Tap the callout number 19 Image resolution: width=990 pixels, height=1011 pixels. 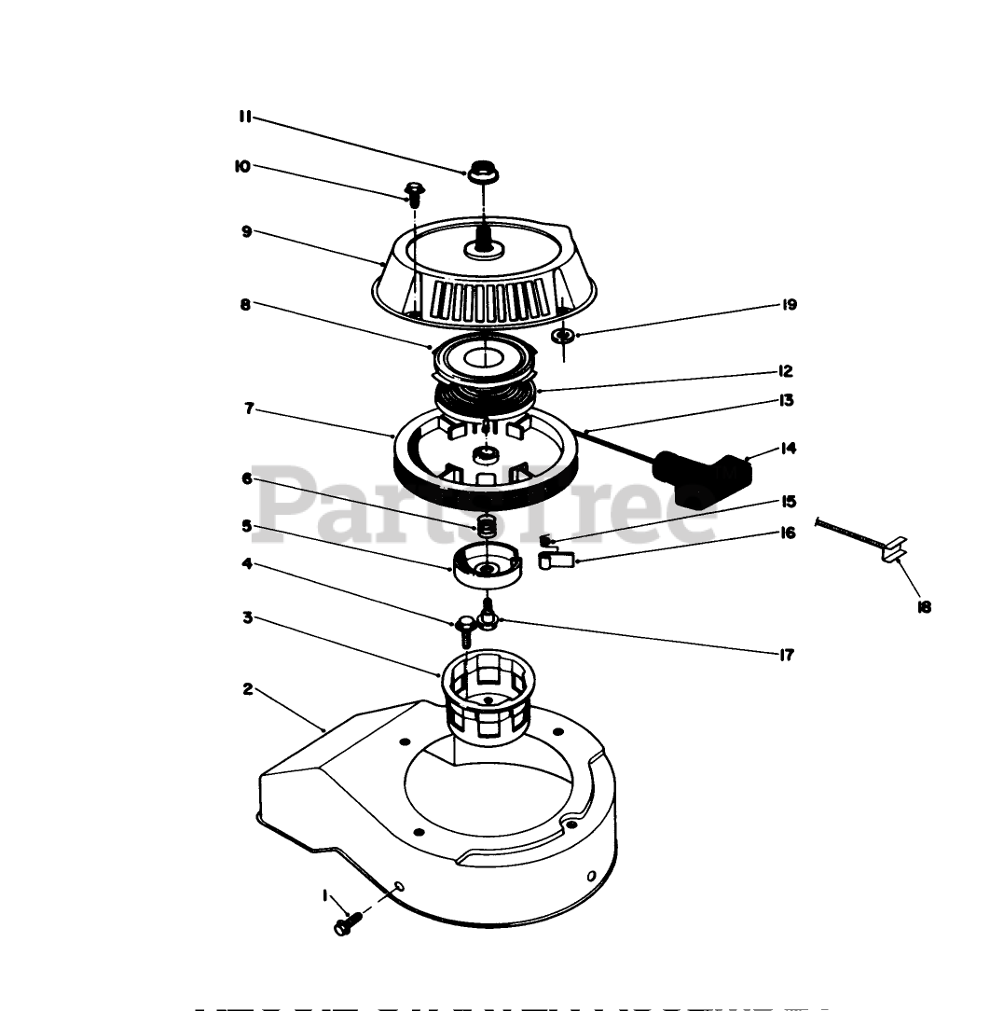790,305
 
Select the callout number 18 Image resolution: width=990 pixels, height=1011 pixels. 924,607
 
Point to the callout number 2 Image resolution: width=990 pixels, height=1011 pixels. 247,689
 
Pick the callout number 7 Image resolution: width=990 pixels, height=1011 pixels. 249,409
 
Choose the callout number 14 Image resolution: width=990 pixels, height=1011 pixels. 789,449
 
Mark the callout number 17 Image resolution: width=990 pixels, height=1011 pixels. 786,655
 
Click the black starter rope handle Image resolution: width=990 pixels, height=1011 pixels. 704,476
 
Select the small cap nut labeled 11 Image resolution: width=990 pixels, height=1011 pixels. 482,173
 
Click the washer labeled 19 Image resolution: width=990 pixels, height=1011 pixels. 563,336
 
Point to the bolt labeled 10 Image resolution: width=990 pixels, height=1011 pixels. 413,195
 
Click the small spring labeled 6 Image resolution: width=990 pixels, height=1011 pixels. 484,527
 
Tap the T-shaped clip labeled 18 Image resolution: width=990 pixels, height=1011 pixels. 892,552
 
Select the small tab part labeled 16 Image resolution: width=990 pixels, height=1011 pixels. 556,560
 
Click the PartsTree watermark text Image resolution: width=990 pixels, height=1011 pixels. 485,504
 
